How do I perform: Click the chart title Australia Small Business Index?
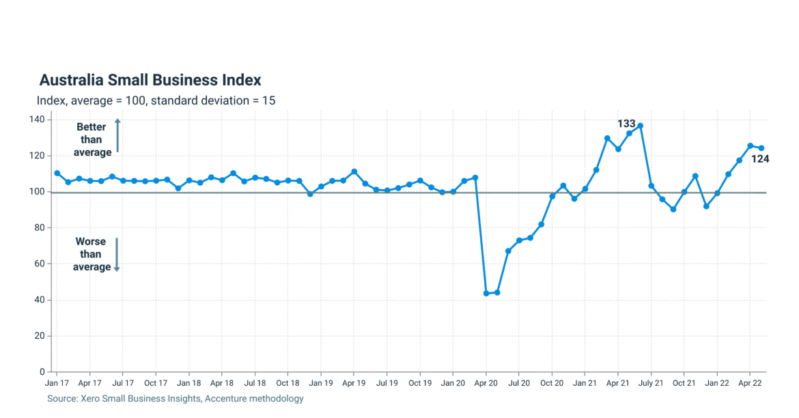click(x=150, y=80)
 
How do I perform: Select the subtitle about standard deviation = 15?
click(x=156, y=100)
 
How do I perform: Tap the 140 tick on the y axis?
click(x=37, y=120)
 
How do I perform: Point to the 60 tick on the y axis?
click(x=40, y=264)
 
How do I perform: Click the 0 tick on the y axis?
click(x=42, y=372)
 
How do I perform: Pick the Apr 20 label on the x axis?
click(x=486, y=384)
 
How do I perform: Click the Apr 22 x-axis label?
click(x=750, y=384)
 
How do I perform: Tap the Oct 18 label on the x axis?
click(x=288, y=384)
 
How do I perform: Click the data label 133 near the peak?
click(x=626, y=124)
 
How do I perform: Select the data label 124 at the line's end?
click(x=761, y=159)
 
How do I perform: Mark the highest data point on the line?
click(x=640, y=126)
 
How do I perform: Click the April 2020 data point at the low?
click(x=486, y=293)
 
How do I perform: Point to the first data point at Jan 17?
click(x=57, y=173)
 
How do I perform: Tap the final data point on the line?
click(x=761, y=148)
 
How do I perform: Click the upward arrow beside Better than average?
click(x=117, y=135)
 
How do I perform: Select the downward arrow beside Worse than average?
click(x=117, y=255)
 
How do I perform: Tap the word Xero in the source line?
click(x=90, y=398)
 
